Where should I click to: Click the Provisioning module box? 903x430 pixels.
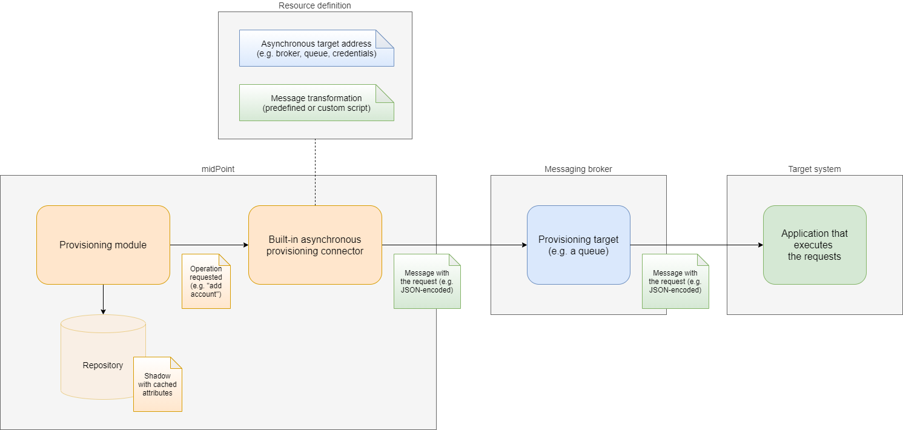coord(103,245)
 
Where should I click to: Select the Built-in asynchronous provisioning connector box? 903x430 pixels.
coord(315,245)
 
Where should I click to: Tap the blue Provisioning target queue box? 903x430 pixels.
coord(578,245)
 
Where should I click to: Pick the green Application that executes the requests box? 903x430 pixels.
coord(814,245)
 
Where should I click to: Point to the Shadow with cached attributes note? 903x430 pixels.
coord(157,385)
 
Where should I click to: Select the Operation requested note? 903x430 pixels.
coord(206,281)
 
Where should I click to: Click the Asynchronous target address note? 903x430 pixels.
coord(316,48)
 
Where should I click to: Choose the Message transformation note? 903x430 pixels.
coord(316,103)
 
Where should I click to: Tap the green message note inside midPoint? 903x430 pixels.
coord(427,282)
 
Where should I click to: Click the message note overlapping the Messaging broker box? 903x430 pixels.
coord(675,282)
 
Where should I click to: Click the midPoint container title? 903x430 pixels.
coord(218,170)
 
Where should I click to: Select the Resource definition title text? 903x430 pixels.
coord(314,6)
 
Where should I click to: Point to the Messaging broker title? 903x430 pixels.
coord(578,170)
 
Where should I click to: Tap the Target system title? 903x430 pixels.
coord(814,170)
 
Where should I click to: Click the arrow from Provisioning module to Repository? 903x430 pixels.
coord(103,299)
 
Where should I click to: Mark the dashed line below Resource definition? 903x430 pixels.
coord(315,172)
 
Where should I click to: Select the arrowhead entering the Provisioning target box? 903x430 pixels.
coord(523,245)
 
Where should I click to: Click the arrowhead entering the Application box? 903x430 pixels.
coord(759,245)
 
